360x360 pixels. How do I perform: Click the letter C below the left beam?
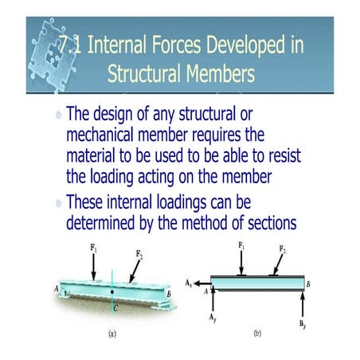tap(115, 306)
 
